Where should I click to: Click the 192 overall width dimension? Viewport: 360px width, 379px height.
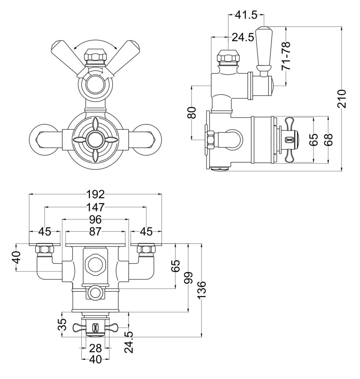tap(96, 194)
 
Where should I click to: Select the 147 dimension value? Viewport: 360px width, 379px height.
tap(96, 207)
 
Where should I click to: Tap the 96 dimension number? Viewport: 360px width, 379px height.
tap(96, 220)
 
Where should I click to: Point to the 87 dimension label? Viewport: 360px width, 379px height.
tap(96, 232)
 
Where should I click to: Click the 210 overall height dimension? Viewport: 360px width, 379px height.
tap(342, 99)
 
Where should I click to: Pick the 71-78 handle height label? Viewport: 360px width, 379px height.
tap(286, 56)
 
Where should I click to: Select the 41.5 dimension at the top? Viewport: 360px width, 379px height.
tap(246, 15)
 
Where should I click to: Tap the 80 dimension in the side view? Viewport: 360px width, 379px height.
tap(191, 113)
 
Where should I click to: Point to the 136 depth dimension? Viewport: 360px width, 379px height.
tap(202, 290)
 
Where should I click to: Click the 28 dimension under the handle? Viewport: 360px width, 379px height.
tap(96, 348)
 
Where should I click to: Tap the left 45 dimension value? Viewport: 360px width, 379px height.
tap(44, 232)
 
